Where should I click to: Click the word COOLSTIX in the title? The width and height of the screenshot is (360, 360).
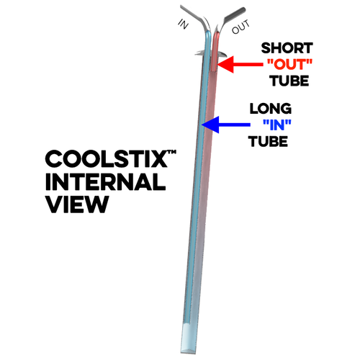click(107, 158)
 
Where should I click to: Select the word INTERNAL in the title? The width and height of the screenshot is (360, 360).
click(106, 181)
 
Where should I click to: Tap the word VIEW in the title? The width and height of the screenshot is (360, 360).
click(77, 204)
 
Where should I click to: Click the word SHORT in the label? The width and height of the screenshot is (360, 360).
click(287, 48)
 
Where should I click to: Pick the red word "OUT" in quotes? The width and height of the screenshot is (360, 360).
click(289, 64)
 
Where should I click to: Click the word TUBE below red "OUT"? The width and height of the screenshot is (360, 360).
click(289, 81)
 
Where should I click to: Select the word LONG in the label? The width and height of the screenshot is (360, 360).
click(271, 109)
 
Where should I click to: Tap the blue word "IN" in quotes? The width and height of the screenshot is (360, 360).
click(277, 125)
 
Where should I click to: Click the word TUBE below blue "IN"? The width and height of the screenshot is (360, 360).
click(268, 141)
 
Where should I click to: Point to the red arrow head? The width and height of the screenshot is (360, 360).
click(225, 64)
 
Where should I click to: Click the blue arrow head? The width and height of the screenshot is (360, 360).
click(210, 125)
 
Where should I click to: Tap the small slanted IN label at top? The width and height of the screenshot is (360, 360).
click(184, 24)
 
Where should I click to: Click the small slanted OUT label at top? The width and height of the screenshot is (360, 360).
click(240, 27)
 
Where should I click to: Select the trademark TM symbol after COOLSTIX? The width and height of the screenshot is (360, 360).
click(172, 152)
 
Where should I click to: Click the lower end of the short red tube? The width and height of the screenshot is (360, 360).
click(214, 70)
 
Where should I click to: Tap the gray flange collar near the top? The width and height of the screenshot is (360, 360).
click(210, 54)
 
